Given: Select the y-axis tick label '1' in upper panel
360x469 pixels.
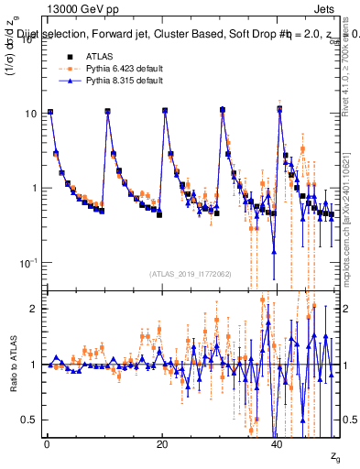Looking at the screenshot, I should coord(33,188).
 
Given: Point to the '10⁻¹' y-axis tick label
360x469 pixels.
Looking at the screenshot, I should coord(27,262).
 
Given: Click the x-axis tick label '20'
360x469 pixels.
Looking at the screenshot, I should coord(162,444).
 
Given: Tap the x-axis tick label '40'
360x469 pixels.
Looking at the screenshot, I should coord(278,444).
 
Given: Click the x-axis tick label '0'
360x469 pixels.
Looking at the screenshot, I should coord(46,444).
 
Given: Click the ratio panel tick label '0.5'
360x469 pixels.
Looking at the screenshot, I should coord(28,420).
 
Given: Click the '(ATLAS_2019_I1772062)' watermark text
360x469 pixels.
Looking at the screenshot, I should coord(189,273).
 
